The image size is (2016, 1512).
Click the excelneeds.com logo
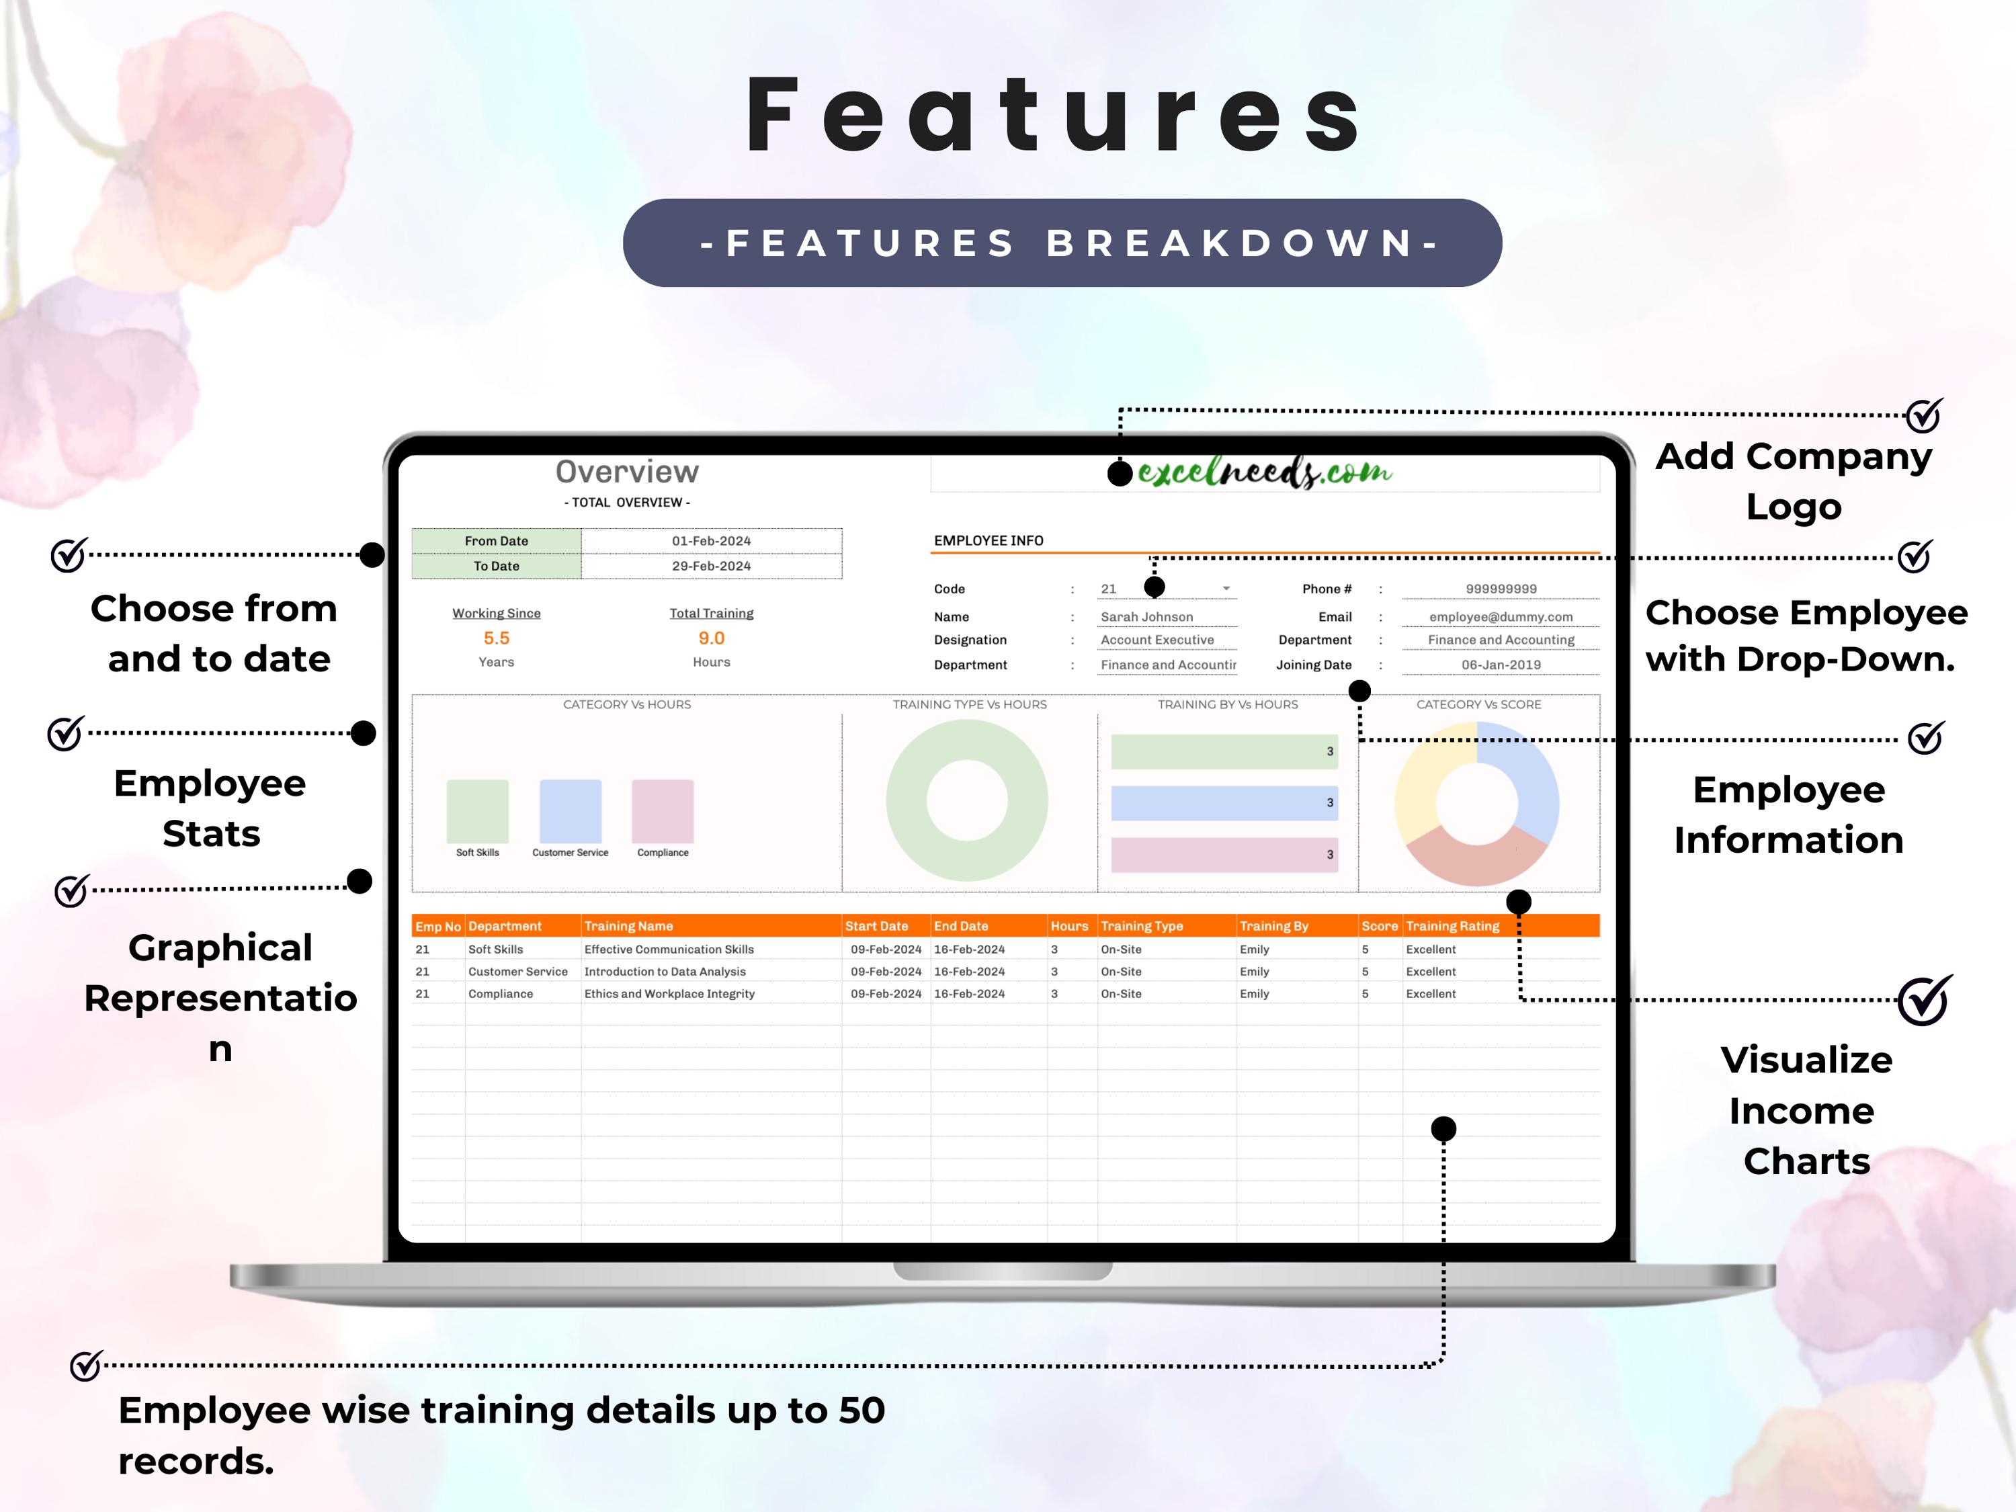(1264, 472)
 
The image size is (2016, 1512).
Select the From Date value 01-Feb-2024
(711, 540)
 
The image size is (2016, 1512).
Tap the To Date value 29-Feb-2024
(711, 566)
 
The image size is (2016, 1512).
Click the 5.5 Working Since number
(496, 638)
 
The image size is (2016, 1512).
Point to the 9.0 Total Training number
(711, 638)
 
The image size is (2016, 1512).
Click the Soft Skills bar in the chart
(478, 811)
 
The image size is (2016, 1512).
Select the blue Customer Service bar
(571, 811)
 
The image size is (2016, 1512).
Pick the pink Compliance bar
(663, 811)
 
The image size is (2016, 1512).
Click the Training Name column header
(629, 926)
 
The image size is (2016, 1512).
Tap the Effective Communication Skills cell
(669, 950)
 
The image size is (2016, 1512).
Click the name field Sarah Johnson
(1146, 617)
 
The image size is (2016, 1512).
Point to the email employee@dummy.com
(1500, 617)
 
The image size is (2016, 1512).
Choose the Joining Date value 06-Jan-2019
(1500, 665)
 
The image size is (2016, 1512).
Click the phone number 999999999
(1500, 589)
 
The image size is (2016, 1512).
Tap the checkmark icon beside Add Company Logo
(1924, 415)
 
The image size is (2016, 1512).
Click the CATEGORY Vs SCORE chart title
(1478, 704)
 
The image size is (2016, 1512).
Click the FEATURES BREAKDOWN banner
(1062, 243)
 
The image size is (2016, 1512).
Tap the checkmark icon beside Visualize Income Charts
(1924, 1001)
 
